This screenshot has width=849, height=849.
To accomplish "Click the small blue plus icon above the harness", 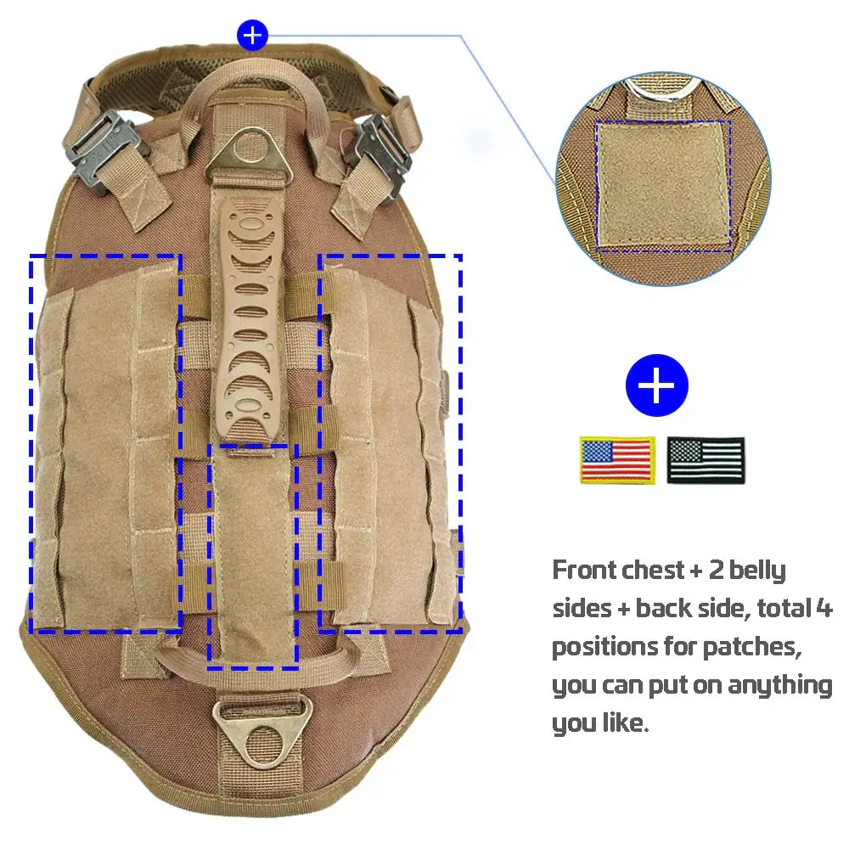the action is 252,35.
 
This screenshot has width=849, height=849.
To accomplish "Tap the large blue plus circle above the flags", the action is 657,385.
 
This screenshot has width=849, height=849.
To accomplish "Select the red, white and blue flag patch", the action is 617,459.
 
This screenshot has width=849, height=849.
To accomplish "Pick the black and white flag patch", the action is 706,459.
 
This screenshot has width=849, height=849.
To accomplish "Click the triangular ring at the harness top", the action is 249,154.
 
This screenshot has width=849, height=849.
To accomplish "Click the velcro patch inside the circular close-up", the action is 663,186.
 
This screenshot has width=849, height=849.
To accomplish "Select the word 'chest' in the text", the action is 654,571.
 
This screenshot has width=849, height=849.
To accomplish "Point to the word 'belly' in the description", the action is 757,571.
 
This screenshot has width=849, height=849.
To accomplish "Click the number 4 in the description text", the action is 824,608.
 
